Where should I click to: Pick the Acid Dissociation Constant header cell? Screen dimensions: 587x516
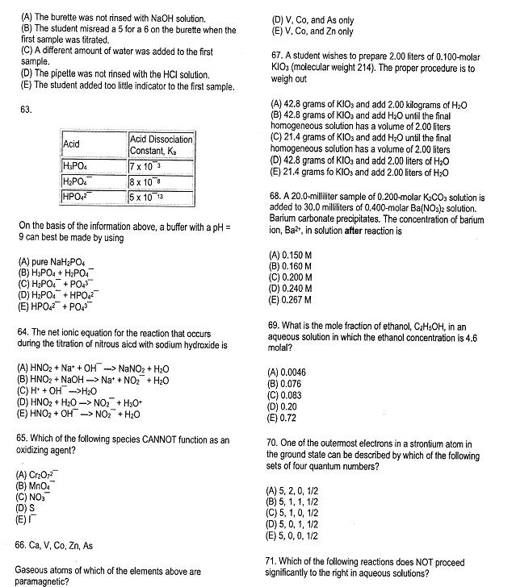point(161,144)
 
